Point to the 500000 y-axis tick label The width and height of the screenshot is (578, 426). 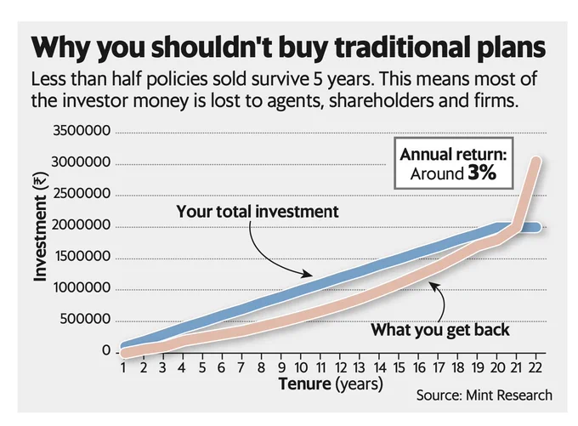tap(82, 320)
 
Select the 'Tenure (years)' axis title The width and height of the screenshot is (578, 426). tap(331, 384)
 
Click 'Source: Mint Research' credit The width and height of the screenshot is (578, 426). tap(484, 395)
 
